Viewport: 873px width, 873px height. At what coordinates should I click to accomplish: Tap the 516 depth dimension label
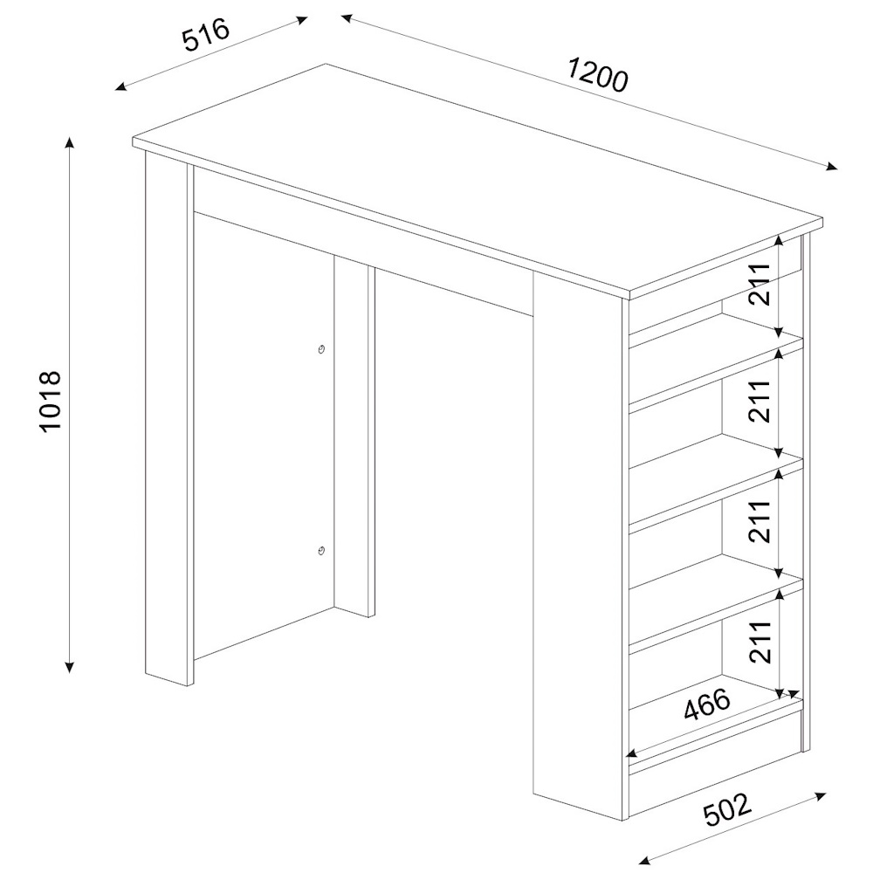coord(206,35)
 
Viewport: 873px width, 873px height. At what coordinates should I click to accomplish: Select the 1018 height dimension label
coord(50,400)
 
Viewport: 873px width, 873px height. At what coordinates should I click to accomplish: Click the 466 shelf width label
coord(706,705)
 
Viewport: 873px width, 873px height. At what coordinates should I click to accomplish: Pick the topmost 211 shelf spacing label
coord(759,284)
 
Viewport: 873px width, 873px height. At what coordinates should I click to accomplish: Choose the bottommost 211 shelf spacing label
coord(759,642)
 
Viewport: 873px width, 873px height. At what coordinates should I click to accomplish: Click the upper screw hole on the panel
coord(321,350)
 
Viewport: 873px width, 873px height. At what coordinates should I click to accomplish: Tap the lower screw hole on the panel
coord(321,551)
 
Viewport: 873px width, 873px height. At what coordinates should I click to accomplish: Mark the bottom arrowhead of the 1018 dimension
coord(70,666)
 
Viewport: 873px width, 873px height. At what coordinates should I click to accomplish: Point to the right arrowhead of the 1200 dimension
coord(831,167)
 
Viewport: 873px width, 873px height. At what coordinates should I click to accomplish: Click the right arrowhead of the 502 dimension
coord(820,795)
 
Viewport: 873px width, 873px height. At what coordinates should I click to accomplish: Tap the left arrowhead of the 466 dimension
coord(632,754)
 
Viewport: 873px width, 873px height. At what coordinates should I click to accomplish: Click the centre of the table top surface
coord(478,178)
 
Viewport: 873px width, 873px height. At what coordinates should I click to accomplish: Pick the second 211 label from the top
coord(759,401)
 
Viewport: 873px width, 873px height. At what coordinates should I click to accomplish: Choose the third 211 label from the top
coord(759,521)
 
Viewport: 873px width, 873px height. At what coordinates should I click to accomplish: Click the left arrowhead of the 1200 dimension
coord(347,18)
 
